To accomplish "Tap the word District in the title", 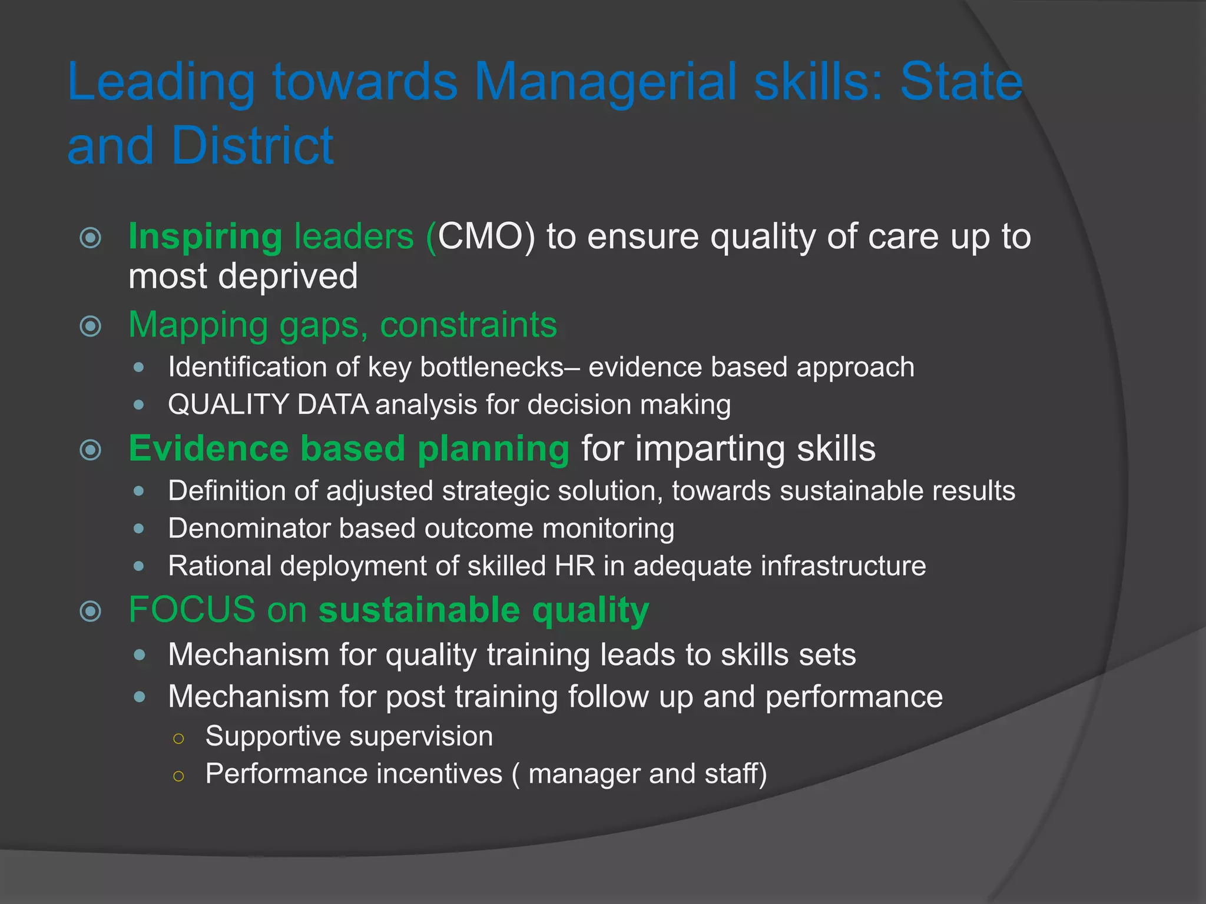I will [253, 145].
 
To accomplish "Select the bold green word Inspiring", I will [205, 237].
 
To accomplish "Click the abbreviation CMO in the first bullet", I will [486, 237].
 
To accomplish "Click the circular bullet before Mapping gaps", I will [90, 325].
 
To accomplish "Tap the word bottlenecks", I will [492, 367].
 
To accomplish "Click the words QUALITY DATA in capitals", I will [268, 405].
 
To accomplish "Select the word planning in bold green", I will [493, 448].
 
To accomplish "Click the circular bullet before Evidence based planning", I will [90, 450].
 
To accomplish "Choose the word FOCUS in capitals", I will [192, 610].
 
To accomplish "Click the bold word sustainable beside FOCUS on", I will [419, 610].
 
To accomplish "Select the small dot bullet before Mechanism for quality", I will [139, 654].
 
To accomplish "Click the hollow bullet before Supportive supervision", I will [179, 738].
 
